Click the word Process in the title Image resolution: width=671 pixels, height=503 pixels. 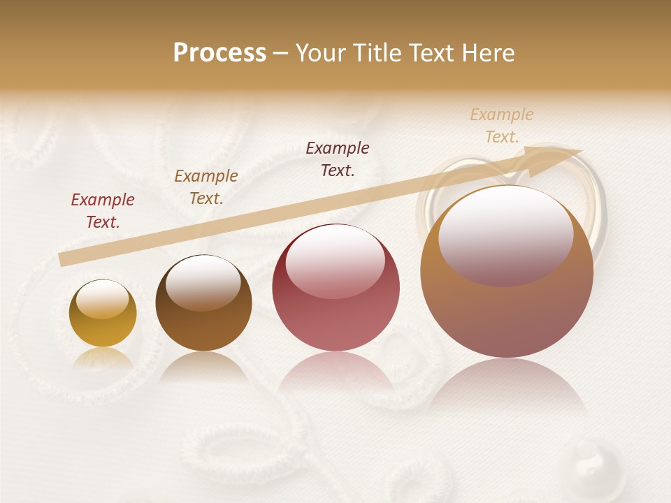[x=219, y=53]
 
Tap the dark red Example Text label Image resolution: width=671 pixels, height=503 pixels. [x=103, y=211]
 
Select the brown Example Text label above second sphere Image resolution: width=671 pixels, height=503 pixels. [x=206, y=187]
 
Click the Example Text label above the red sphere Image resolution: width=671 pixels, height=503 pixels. [x=338, y=159]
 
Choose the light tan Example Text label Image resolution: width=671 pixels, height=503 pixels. [x=502, y=126]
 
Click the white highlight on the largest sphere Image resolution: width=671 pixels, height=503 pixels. [x=505, y=234]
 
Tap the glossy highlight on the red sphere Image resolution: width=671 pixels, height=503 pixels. [x=335, y=261]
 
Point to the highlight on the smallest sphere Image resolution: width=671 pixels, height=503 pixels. [x=103, y=300]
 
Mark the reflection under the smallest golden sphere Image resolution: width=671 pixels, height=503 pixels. [x=103, y=358]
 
